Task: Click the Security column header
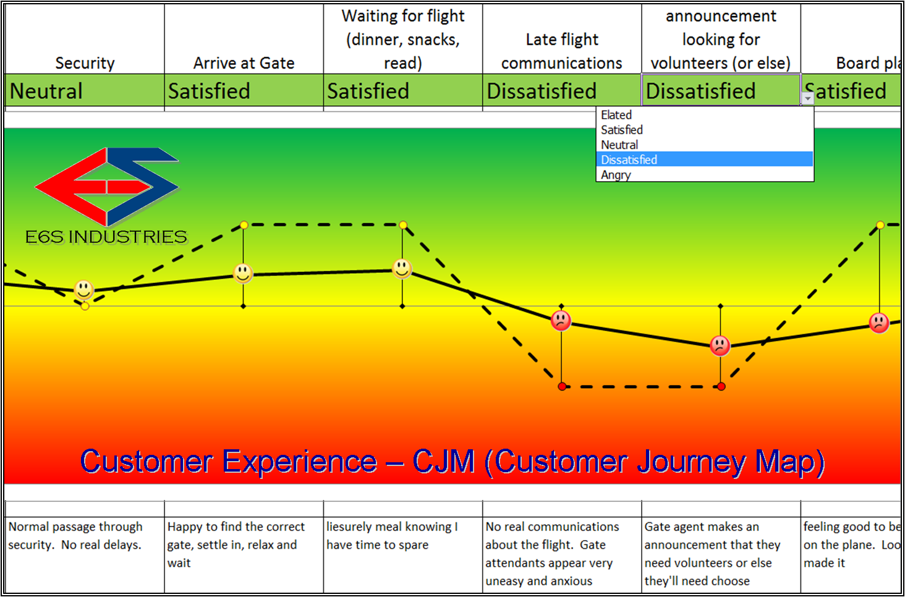click(x=85, y=63)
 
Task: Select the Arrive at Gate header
click(x=244, y=63)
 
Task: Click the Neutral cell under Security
click(x=85, y=91)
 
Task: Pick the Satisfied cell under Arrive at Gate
click(x=244, y=91)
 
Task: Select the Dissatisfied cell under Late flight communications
click(x=562, y=91)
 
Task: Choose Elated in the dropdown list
click(x=617, y=115)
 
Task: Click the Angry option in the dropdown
click(x=616, y=175)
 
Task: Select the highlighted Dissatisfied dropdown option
click(x=629, y=159)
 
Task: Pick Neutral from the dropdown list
click(x=619, y=145)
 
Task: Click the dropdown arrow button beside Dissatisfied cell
click(x=807, y=98)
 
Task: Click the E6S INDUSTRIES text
click(x=106, y=237)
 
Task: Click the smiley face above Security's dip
click(x=84, y=289)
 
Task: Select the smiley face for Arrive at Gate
click(x=243, y=273)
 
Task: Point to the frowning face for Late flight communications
click(x=561, y=320)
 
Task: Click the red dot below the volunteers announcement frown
click(x=721, y=387)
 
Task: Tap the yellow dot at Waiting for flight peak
click(x=403, y=225)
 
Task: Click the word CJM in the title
click(x=443, y=462)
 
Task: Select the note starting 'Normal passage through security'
click(x=75, y=535)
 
